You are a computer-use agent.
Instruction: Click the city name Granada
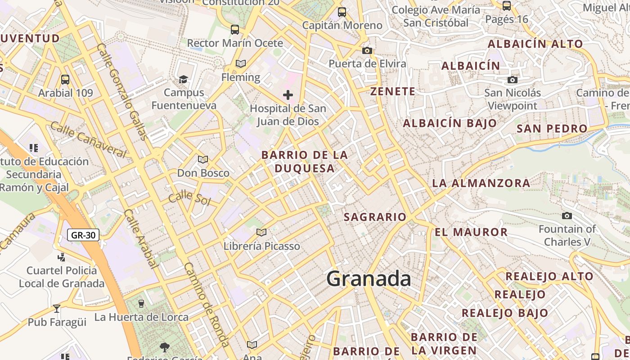point(369,279)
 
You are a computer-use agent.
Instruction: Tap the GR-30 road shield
point(83,234)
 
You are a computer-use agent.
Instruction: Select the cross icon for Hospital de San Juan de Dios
point(288,95)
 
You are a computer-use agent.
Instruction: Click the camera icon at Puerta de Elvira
point(367,50)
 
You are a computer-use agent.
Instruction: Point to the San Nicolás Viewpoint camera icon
point(512,80)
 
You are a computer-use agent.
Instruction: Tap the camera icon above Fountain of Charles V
point(567,216)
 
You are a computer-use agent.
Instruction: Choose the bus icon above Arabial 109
point(65,80)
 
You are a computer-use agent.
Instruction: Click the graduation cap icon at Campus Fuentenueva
point(183,80)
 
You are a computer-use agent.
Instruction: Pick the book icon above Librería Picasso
point(261,233)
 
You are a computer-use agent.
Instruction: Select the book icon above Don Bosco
point(203,160)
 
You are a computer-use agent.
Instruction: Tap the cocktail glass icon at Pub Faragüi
point(57,309)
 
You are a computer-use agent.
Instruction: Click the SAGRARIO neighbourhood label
point(375,217)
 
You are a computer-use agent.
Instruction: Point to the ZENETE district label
point(393,91)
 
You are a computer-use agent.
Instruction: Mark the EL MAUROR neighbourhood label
point(471,232)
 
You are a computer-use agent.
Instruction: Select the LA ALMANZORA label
point(481,183)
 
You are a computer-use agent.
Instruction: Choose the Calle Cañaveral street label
point(88,139)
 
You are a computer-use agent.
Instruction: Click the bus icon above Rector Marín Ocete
point(235,30)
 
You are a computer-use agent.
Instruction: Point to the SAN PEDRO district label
point(552,128)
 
